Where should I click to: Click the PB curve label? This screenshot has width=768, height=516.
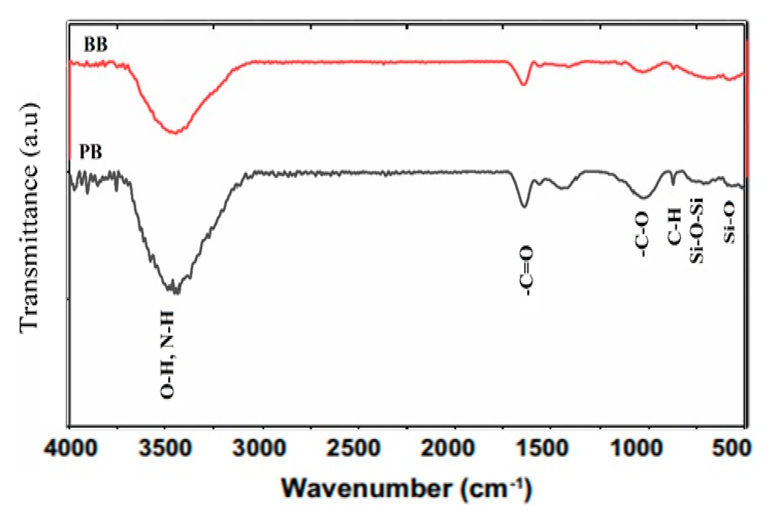(91, 152)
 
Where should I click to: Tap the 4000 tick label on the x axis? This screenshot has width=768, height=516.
(71, 448)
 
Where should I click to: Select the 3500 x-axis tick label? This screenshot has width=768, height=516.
(165, 448)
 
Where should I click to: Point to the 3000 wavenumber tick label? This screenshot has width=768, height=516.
(259, 448)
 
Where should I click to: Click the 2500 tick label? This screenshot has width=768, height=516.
(354, 448)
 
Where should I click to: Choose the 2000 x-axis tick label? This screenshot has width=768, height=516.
(448, 448)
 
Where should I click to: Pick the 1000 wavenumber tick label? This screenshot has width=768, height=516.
(637, 448)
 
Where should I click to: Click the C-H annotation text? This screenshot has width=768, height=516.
(674, 228)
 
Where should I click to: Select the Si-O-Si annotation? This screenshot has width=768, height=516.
(696, 230)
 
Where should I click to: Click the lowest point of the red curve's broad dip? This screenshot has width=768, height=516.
(175, 133)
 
